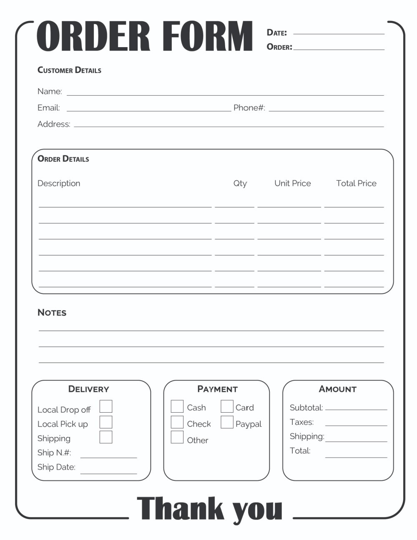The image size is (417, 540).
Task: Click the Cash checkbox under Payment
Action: [177, 406]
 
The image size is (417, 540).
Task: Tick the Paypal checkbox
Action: [227, 422]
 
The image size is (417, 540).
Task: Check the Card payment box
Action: [227, 406]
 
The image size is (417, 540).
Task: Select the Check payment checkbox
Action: [177, 422]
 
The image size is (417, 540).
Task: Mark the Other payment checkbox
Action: [177, 437]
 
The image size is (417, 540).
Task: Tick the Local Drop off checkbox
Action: [106, 406]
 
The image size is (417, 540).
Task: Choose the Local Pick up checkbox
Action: [106, 422]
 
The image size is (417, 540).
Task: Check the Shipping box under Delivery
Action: [106, 437]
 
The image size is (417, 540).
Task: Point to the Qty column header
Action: [240, 183]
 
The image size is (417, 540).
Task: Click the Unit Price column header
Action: [293, 183]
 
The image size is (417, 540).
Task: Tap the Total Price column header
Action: [356, 183]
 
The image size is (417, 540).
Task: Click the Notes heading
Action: [52, 313]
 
